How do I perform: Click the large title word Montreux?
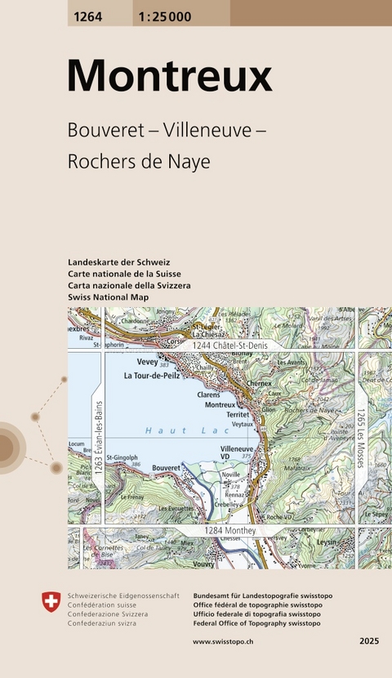click(x=169, y=76)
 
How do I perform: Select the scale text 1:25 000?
click(x=163, y=14)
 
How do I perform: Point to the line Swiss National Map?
click(x=109, y=297)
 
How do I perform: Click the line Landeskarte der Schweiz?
click(x=119, y=261)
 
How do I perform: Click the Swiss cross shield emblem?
click(x=51, y=603)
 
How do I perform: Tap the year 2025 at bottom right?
click(x=369, y=642)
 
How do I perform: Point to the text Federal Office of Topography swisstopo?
click(x=256, y=622)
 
